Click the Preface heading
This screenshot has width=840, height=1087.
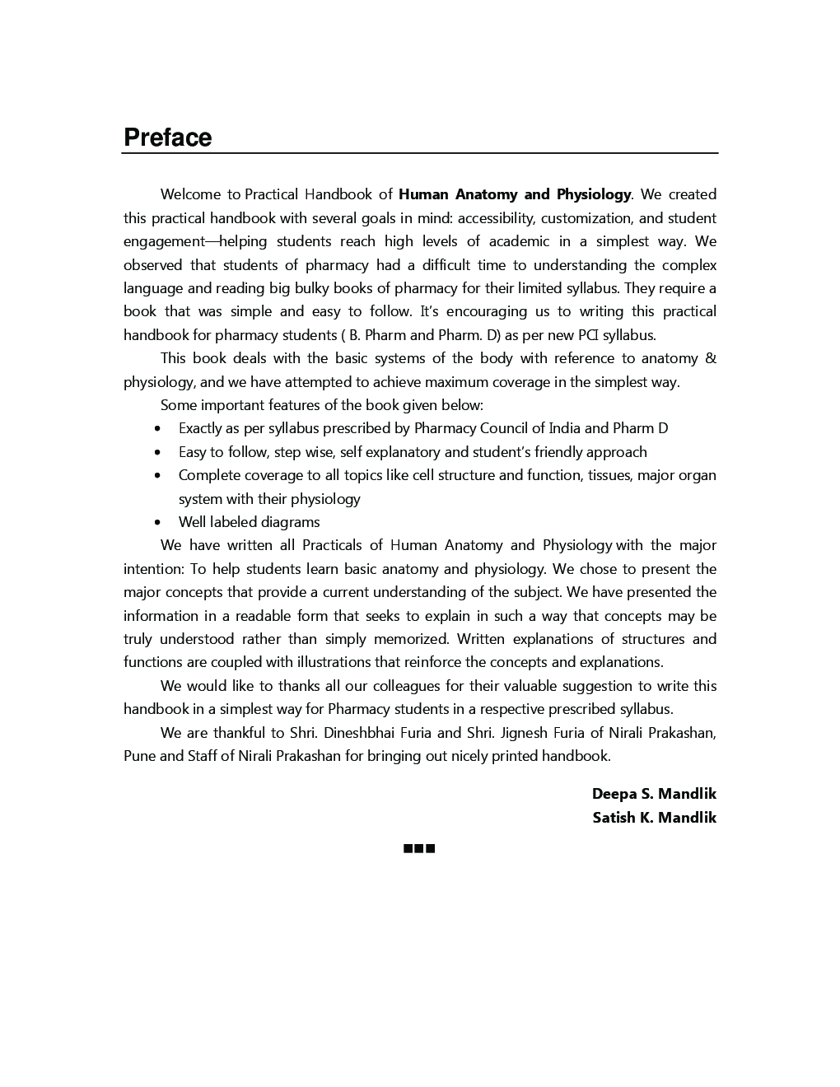coord(167,138)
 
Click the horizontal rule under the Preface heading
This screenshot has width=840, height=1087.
coord(420,153)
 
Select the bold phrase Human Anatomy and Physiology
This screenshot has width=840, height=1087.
coord(514,194)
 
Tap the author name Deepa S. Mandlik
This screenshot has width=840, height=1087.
coord(654,794)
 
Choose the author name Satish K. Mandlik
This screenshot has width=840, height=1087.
coord(654,818)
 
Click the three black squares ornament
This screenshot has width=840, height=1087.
coord(419,848)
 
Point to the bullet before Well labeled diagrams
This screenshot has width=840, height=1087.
coord(157,523)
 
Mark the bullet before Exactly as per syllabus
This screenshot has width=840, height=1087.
coord(157,429)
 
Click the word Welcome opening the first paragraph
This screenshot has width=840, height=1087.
coord(190,194)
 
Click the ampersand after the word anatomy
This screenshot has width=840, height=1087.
coord(711,358)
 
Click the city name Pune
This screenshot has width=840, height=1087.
coord(139,756)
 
